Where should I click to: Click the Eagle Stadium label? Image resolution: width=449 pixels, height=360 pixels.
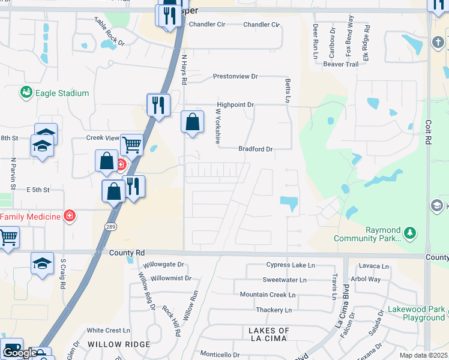point(62,93)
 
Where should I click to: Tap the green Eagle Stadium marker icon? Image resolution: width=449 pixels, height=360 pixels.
point(25,92)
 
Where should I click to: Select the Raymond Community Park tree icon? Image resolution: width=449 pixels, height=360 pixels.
point(409,232)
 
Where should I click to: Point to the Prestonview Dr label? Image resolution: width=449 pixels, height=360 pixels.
point(235,77)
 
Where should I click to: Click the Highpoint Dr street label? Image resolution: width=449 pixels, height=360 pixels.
point(235,104)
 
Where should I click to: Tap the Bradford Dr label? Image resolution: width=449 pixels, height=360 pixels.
point(255,149)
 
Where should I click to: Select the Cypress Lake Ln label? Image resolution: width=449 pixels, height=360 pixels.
point(290,265)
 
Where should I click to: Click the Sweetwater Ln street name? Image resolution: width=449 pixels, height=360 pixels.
point(285,280)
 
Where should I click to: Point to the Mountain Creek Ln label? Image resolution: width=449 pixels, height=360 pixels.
point(268,295)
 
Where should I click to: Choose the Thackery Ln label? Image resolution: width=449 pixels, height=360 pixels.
point(273,310)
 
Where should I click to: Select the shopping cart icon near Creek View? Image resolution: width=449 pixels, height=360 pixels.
point(131,145)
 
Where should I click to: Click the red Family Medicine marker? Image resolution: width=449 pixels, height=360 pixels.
point(70,215)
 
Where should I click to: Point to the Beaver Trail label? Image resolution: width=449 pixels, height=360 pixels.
point(340,64)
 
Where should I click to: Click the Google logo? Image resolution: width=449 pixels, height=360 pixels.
point(20,353)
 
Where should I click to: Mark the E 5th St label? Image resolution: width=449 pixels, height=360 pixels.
point(37,190)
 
